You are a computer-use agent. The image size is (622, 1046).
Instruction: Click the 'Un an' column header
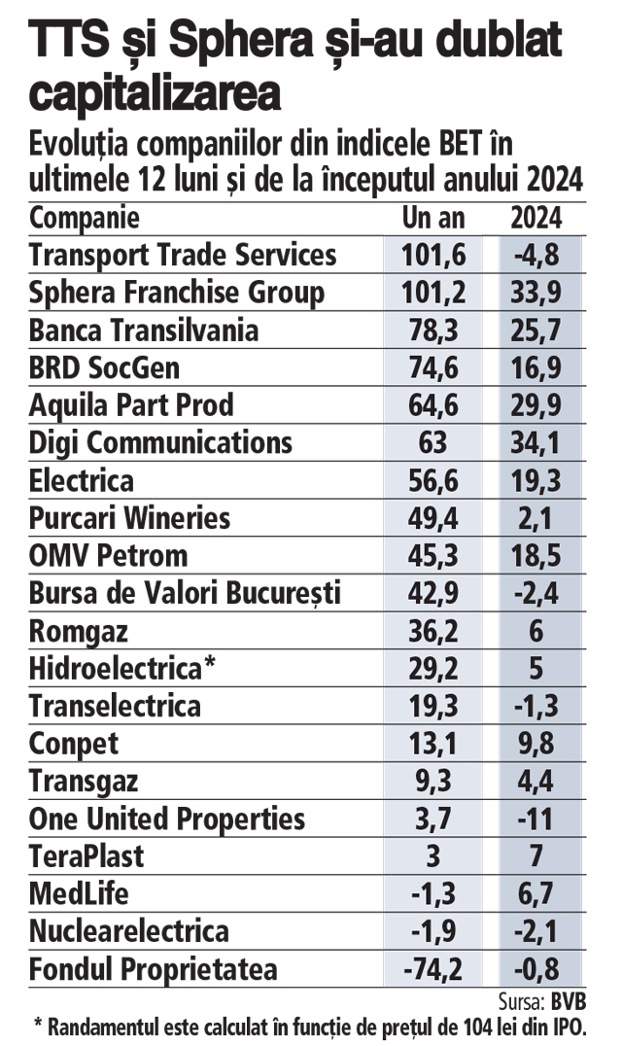[433, 217]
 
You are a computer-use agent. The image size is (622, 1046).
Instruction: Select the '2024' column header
[536, 217]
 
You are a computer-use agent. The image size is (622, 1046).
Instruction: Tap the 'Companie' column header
[85, 217]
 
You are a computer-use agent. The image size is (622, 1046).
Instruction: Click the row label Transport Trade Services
[184, 255]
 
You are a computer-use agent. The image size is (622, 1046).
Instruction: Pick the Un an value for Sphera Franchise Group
[433, 293]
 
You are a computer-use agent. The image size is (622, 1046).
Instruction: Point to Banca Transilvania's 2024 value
[536, 331]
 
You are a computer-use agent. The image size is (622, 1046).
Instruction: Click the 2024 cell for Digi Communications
[536, 443]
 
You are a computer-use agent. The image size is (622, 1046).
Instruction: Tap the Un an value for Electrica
[433, 481]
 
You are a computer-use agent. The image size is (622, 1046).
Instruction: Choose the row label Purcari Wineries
[130, 518]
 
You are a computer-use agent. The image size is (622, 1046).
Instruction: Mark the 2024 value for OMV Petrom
[536, 556]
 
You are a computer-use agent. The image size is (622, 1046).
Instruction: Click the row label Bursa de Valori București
[186, 594]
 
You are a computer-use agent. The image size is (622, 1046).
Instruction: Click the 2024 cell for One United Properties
[536, 819]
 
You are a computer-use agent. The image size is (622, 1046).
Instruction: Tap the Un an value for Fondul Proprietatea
[433, 970]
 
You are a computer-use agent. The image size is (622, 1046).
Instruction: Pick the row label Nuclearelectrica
[129, 932]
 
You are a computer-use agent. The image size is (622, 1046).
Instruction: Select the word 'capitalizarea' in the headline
[156, 94]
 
